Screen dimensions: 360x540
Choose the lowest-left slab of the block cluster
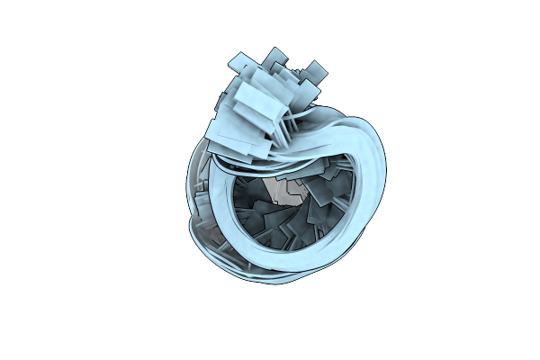click(x=225, y=135)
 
